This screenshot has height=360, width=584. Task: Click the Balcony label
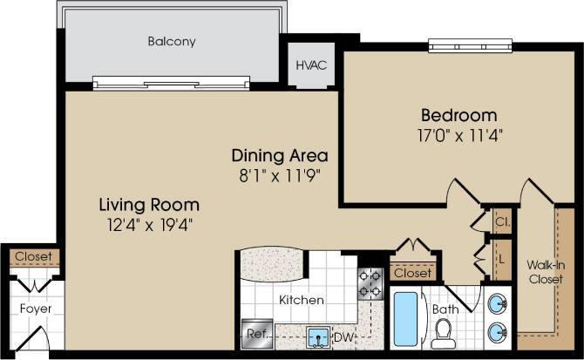(x=171, y=41)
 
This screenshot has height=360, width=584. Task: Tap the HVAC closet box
(x=310, y=65)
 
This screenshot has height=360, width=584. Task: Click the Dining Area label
(x=279, y=156)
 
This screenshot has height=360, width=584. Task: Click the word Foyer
(x=35, y=309)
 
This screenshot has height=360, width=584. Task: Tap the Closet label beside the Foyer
(x=33, y=258)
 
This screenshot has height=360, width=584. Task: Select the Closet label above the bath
(x=411, y=274)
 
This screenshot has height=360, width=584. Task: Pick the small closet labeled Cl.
(x=503, y=222)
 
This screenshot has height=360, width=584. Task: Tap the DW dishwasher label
(x=347, y=335)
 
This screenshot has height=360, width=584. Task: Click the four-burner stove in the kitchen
(x=370, y=282)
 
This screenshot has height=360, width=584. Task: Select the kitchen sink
(x=316, y=335)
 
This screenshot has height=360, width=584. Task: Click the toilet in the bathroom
(x=444, y=333)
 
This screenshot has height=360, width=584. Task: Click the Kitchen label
(x=302, y=301)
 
